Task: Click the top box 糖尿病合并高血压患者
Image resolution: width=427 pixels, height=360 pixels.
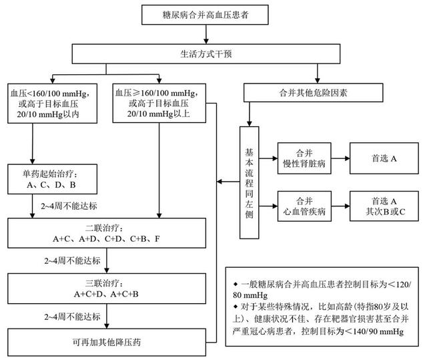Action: pyautogui.click(x=205, y=15)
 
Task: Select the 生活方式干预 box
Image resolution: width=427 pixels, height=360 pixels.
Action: pyautogui.click(x=206, y=54)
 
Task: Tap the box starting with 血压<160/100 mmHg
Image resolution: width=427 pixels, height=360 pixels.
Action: pyautogui.click(x=52, y=104)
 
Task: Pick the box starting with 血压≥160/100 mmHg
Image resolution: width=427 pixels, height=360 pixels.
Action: pyautogui.click(x=159, y=103)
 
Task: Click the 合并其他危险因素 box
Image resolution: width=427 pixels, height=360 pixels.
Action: pyautogui.click(x=313, y=93)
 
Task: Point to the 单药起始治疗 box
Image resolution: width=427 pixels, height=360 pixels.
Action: pyautogui.click(x=52, y=179)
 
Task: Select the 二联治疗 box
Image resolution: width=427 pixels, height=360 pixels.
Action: pyautogui.click(x=107, y=233)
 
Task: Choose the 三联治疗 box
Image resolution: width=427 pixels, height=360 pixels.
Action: pyautogui.click(x=107, y=289)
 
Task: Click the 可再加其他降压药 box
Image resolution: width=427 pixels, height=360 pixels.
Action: pyautogui.click(x=107, y=342)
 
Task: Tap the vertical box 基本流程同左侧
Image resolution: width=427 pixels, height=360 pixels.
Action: pyautogui.click(x=249, y=182)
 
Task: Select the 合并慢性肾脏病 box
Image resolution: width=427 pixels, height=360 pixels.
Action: pyautogui.click(x=304, y=158)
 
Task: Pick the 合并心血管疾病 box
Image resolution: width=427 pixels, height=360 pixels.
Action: pyautogui.click(x=304, y=206)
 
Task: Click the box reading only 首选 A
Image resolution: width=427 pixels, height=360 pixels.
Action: pyautogui.click(x=384, y=158)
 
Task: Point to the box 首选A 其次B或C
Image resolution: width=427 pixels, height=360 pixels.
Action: pyautogui.click(x=384, y=206)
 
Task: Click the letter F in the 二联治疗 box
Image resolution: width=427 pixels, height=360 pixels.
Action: pyautogui.click(x=157, y=239)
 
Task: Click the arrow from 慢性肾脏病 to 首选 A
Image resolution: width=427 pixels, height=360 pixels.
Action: pyautogui.click(x=340, y=158)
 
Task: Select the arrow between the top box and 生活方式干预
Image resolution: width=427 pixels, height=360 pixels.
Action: pyautogui.click(x=206, y=34)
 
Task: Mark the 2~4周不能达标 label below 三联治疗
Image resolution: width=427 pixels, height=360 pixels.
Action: pyautogui.click(x=73, y=317)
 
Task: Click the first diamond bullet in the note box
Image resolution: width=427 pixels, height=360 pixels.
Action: pyautogui.click(x=236, y=284)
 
